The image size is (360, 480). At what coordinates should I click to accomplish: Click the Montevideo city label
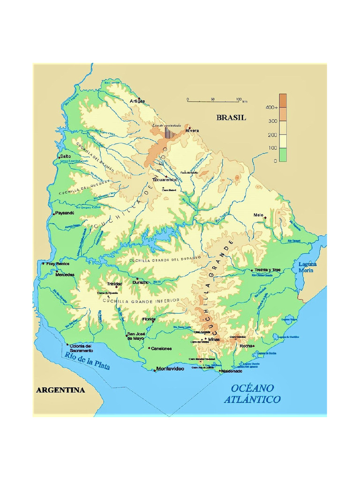point(170,369)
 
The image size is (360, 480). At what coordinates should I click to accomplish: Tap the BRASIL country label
point(231,118)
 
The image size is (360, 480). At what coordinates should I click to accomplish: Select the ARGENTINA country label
point(60,390)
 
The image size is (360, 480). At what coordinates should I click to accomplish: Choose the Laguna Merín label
point(307,267)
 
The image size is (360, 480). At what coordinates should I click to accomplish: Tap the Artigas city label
point(137,101)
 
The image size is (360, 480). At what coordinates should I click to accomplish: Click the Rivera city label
point(192,130)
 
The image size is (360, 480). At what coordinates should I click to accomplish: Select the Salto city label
point(65,156)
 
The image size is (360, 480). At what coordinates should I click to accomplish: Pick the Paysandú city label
point(65,213)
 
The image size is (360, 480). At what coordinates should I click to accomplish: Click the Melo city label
point(258,215)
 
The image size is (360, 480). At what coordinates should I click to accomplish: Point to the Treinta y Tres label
point(267,270)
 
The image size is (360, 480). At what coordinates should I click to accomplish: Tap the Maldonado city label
point(232,371)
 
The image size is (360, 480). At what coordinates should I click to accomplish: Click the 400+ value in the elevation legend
point(271,107)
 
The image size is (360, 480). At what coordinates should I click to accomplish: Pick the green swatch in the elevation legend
point(283,155)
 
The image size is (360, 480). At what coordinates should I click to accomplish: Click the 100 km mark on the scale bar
point(239,99)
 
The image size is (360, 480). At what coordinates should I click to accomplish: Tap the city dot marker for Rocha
point(254,346)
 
